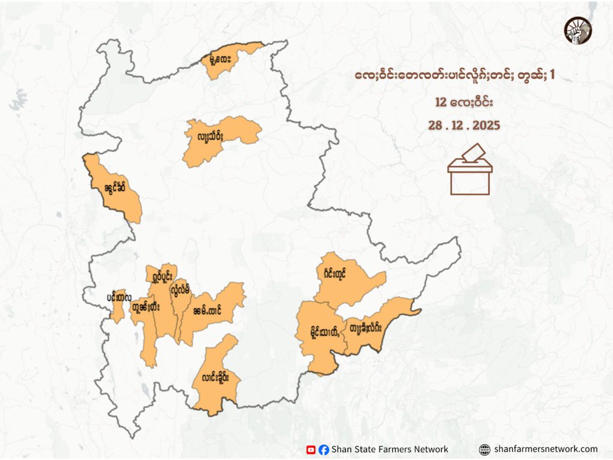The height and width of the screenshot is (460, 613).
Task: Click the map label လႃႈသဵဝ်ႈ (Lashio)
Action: coord(207,137)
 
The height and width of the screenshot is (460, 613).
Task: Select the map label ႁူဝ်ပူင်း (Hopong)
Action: coord(161,277)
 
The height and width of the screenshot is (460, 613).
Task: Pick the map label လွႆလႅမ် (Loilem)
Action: coord(180,290)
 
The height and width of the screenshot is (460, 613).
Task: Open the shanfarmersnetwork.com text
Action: coord(546,449)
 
